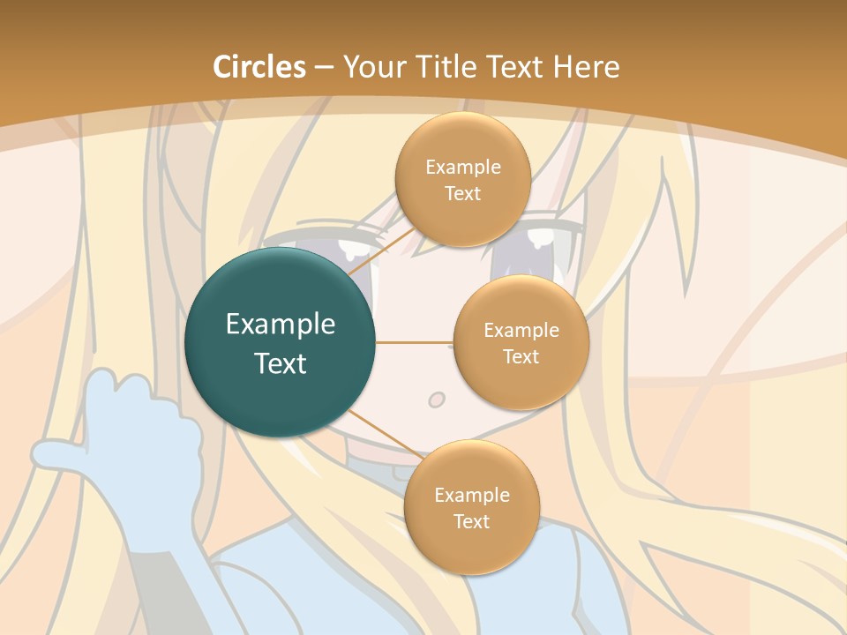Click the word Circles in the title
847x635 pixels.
coord(259,67)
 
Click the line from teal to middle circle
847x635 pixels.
coord(414,342)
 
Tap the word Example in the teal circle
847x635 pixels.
coord(281,324)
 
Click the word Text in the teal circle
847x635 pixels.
coord(281,363)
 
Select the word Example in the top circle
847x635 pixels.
coord(462,167)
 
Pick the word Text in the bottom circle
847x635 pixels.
coord(471,521)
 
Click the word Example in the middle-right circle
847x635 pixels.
coord(521,330)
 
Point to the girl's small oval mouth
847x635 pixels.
coord(437,400)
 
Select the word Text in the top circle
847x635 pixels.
coord(462,193)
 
